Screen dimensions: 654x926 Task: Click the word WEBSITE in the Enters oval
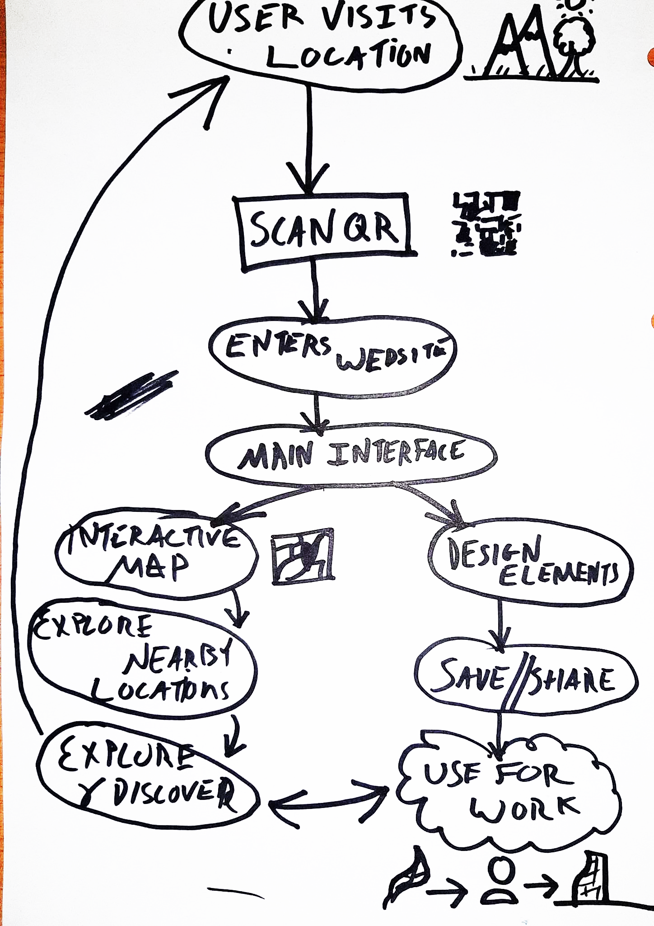pos(391,359)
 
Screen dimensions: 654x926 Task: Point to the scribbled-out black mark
pos(131,396)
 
